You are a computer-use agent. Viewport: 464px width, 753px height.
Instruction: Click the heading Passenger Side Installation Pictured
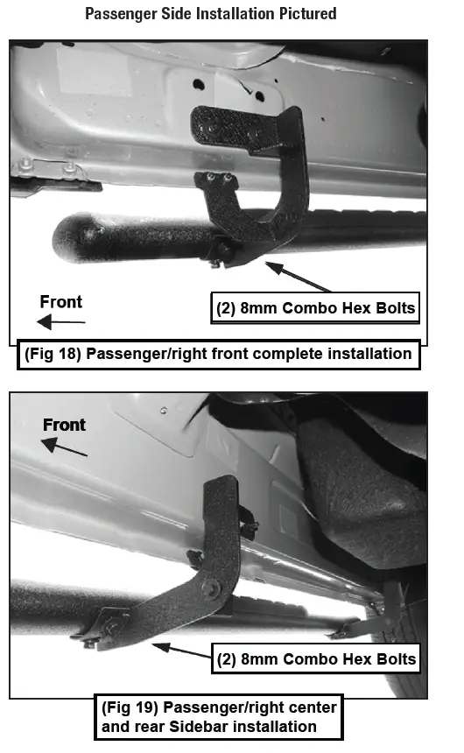tap(210, 14)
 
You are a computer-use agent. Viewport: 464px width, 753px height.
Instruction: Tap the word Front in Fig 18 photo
tap(61, 302)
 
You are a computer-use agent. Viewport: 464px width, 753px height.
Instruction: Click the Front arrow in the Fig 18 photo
tap(56, 323)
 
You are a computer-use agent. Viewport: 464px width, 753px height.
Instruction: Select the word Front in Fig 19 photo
tap(65, 425)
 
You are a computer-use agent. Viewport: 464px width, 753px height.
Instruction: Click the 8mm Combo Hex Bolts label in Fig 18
tap(315, 308)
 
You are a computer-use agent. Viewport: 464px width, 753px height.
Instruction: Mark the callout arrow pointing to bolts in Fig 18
tap(298, 275)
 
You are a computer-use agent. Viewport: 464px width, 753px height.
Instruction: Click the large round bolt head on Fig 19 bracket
tap(210, 588)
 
